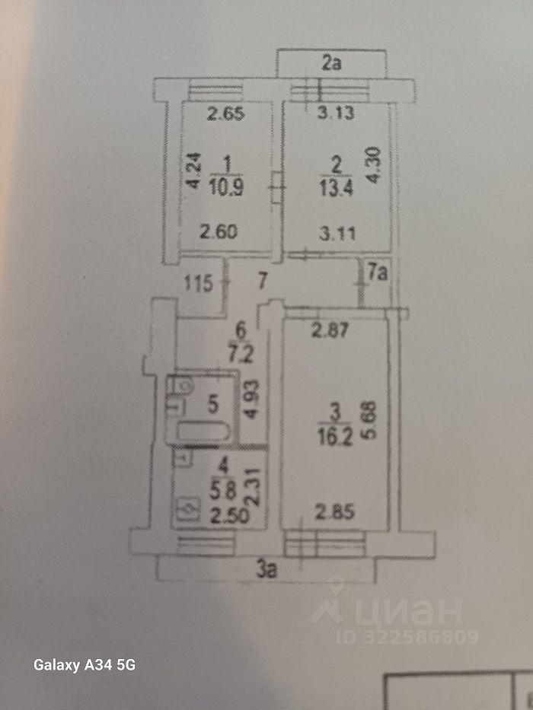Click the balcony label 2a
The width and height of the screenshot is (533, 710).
tap(330, 64)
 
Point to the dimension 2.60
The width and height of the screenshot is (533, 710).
tap(220, 234)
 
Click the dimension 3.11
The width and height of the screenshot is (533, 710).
tap(337, 234)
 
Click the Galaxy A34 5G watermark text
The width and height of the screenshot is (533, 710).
tap(84, 665)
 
